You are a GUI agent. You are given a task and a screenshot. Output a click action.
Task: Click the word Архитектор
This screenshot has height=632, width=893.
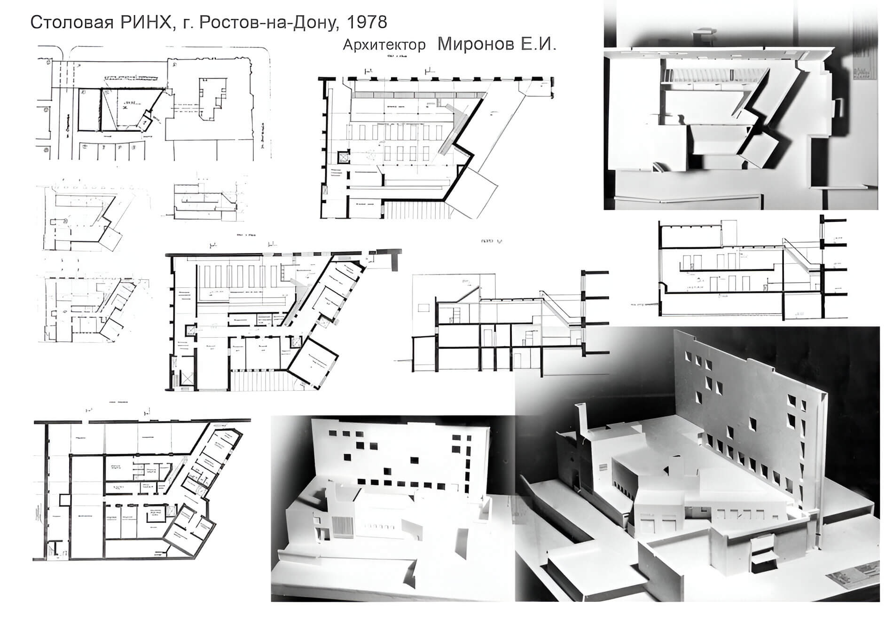(384, 45)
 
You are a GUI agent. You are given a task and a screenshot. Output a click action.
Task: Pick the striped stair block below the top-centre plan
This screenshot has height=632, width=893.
(414, 209)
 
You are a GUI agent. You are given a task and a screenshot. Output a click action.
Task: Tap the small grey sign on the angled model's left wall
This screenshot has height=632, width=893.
(604, 466)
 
